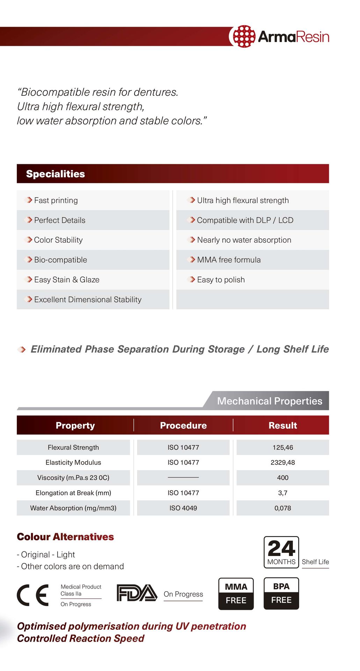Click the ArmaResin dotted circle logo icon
tap(244, 36)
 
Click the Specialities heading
tap(56, 174)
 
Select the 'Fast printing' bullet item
tap(56, 200)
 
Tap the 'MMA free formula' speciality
tap(229, 260)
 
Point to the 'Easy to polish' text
tap(221, 280)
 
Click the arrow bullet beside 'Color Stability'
tap(29, 240)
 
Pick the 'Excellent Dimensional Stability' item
tap(88, 300)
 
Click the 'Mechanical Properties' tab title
tap(269, 401)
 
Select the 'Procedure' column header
tap(183, 425)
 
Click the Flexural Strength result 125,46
tap(283, 447)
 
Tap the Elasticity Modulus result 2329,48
tap(283, 462)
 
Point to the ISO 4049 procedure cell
tap(183, 508)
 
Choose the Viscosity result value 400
tap(283, 477)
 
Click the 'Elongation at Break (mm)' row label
tap(73, 493)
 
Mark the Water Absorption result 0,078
tap(283, 508)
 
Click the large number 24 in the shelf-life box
tap(281, 548)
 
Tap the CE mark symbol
tap(33, 595)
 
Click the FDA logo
tap(137, 593)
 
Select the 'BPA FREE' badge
tap(281, 593)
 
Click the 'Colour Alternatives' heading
tap(65, 537)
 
